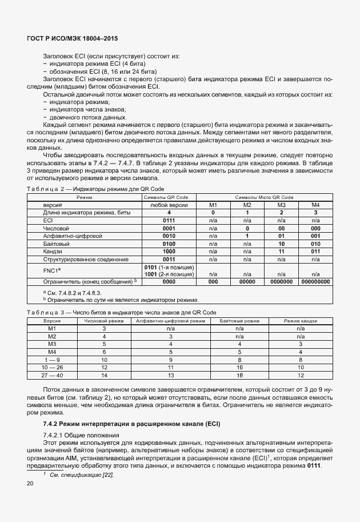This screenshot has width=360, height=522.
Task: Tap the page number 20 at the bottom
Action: (30, 484)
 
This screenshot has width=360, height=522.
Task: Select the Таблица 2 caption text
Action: (95, 189)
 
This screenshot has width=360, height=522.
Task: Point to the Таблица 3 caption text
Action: (121, 313)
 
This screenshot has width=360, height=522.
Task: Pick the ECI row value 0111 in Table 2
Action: (169, 220)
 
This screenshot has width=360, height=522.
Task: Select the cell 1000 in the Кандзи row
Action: (169, 251)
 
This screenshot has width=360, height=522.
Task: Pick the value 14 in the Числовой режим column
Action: (104, 375)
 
